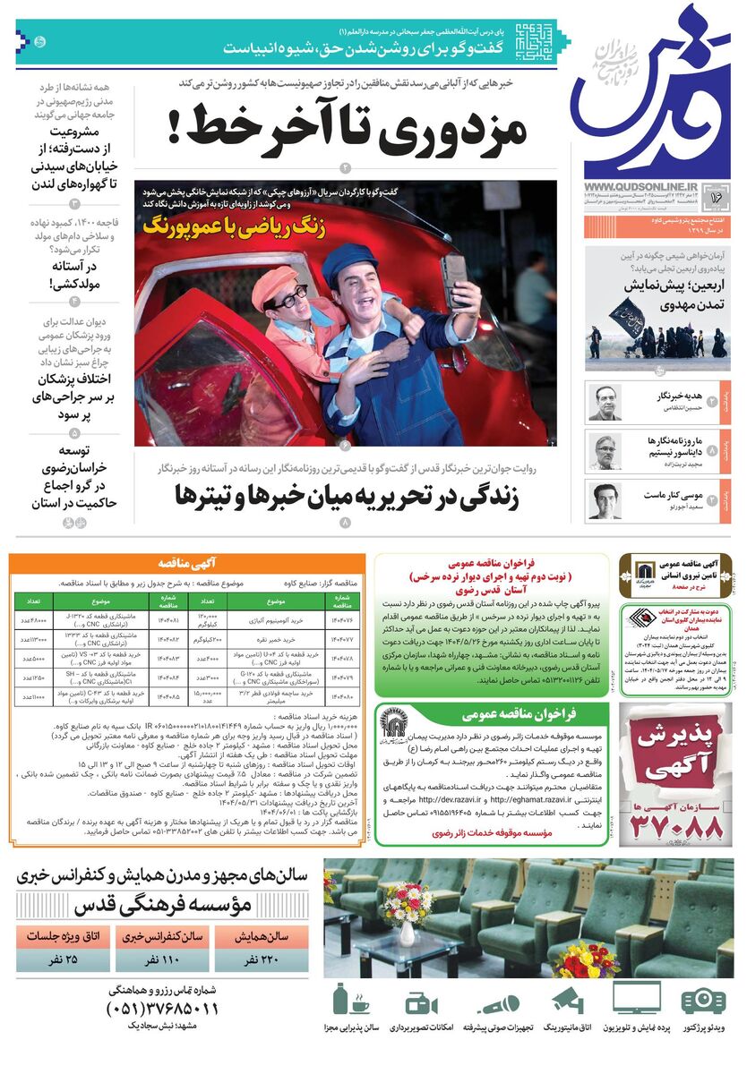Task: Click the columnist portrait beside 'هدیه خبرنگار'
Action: coord(605,403)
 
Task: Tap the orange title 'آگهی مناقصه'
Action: coord(187,563)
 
